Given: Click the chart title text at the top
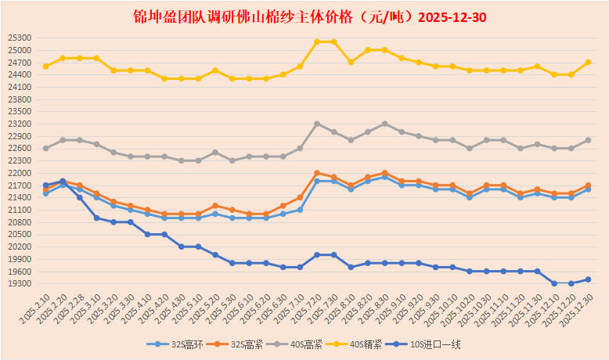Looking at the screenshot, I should [304, 16].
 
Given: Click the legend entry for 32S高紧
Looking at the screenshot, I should [248, 344].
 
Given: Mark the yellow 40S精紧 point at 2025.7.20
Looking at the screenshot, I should [317, 41].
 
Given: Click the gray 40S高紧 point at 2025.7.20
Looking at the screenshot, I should [317, 124].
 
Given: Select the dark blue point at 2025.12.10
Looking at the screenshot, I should [554, 283].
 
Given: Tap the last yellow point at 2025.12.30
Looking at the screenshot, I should [588, 62].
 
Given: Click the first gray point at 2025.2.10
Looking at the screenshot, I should [45, 148].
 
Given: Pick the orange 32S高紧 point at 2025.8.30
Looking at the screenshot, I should [384, 173].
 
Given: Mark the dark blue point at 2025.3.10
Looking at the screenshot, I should [96, 218].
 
